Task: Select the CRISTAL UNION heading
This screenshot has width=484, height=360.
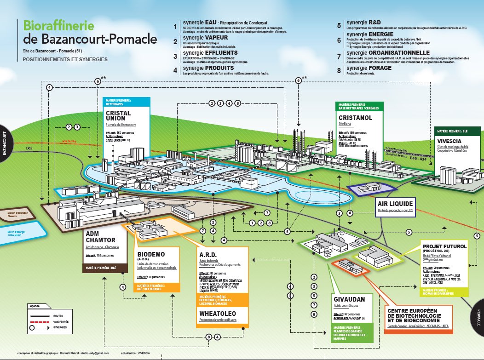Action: pyautogui.click(x=119, y=116)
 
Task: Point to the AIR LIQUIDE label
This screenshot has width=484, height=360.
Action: pyautogui.click(x=396, y=204)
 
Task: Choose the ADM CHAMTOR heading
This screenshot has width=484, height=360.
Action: pyautogui.click(x=100, y=237)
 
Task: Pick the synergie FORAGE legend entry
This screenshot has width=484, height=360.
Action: pyautogui.click(x=370, y=68)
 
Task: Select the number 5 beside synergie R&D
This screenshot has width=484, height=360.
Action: pyautogui.click(x=339, y=26)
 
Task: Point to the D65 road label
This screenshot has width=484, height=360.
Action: pyautogui.click(x=29, y=149)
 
